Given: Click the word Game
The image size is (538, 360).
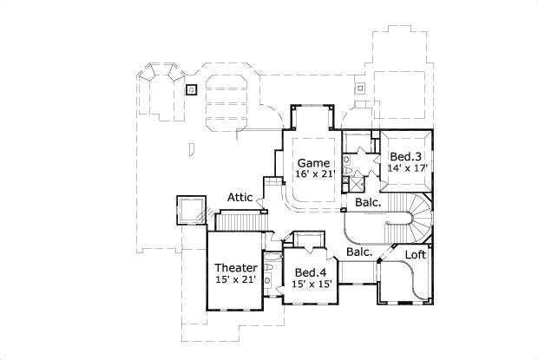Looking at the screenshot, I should [x=312, y=163].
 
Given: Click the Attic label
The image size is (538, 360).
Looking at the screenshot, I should [x=240, y=198].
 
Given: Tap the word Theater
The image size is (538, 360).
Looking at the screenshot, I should [x=236, y=267].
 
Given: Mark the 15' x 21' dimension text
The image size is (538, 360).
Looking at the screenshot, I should [x=236, y=279].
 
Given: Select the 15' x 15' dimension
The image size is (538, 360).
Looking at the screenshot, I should [x=311, y=284].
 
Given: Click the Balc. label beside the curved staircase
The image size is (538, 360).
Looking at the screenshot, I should [x=365, y=203].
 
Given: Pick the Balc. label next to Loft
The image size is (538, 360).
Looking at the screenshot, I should [x=359, y=252].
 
